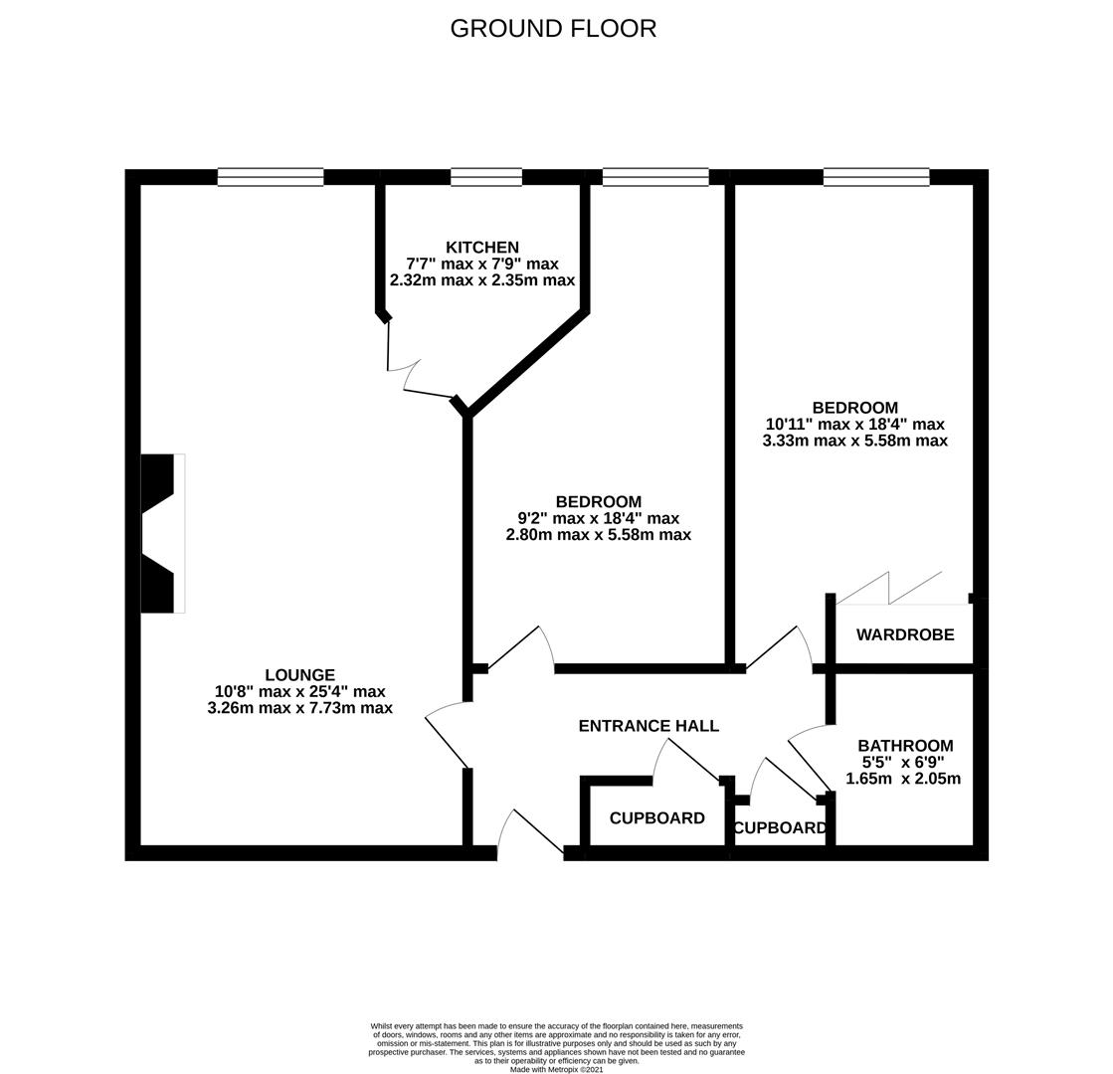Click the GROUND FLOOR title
coord(553,28)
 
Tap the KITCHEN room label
coord(481,248)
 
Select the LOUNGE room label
coord(299,675)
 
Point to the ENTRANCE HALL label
coord(649,726)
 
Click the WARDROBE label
coord(904,634)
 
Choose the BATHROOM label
coord(905,745)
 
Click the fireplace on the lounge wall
coord(161,533)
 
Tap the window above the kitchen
coord(485,177)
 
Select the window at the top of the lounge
coord(270,177)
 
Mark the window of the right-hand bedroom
coord(875,177)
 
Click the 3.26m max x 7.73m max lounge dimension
coord(299,708)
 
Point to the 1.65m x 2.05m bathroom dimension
coord(903,779)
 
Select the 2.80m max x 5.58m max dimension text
coord(598,535)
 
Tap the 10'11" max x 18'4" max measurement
coord(854,424)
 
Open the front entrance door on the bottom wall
coord(529,833)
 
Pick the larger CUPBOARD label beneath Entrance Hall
coord(656,818)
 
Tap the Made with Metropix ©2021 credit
coord(556,1069)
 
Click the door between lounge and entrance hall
coord(448,736)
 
